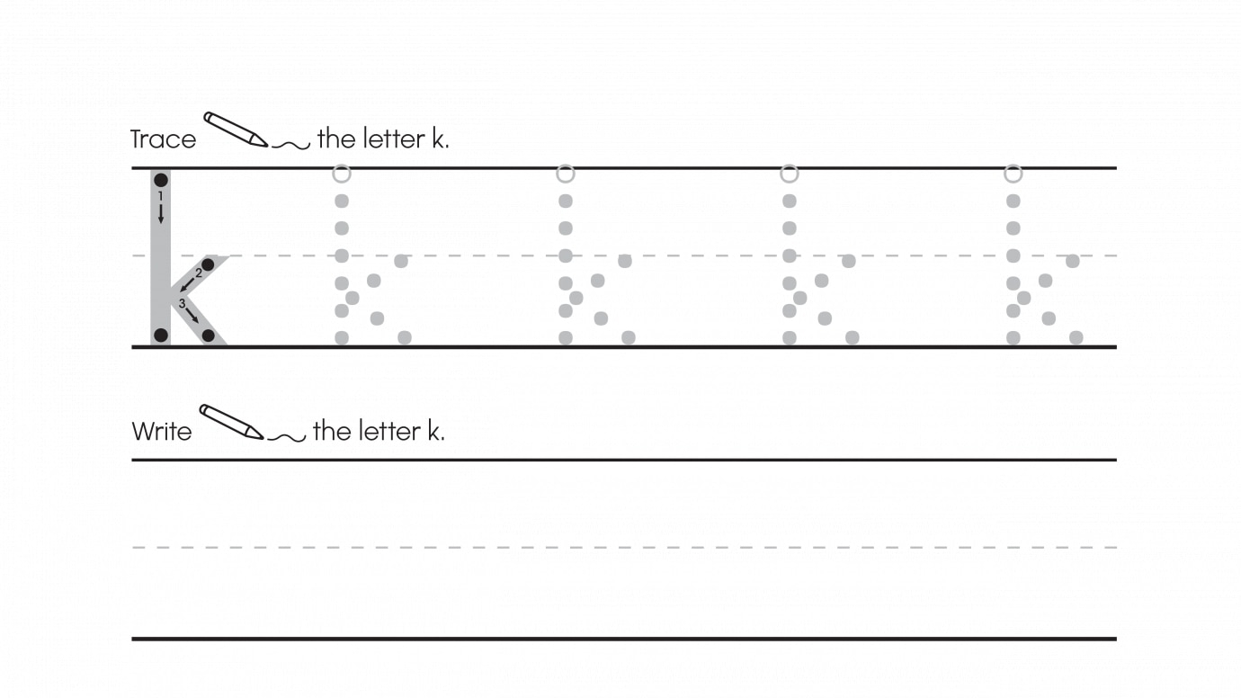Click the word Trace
[163, 139]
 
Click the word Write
[162, 431]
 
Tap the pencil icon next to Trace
[236, 129]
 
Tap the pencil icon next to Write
[231, 422]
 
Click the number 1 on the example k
[161, 195]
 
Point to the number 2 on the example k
[199, 273]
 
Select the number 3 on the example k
[182, 303]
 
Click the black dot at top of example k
[161, 180]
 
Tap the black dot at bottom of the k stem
[161, 335]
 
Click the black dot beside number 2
[209, 264]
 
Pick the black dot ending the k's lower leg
[209, 336]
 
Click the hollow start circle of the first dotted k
[342, 174]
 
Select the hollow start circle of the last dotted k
[1013, 174]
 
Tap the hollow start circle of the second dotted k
[566, 174]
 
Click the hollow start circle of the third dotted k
[790, 174]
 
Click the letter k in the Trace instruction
[438, 139]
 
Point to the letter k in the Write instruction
[433, 431]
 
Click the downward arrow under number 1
[161, 213]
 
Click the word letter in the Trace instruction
[394, 139]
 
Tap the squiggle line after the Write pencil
[287, 438]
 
